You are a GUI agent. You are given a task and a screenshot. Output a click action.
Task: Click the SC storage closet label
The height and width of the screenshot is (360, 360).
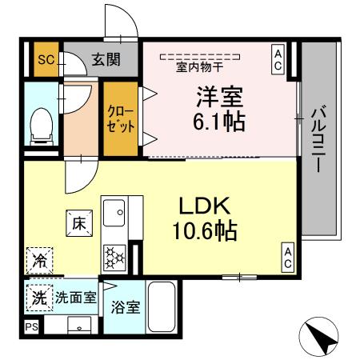[46, 59]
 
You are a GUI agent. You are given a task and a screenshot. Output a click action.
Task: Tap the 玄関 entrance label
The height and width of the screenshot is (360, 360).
[104, 58]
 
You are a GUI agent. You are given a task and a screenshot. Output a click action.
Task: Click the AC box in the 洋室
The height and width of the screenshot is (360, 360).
[278, 59]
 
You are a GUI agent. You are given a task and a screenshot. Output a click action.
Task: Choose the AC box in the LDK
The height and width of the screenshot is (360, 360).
[286, 258]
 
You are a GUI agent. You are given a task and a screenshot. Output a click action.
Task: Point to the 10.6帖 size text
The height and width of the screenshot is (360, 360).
[205, 231]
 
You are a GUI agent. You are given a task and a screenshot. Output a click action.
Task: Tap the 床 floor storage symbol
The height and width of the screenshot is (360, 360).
[79, 223]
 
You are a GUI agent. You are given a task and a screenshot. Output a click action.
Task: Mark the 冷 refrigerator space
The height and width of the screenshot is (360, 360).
[38, 260]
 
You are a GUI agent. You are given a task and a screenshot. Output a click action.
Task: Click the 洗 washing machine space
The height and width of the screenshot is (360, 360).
[38, 298]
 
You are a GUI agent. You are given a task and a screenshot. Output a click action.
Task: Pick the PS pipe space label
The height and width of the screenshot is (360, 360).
[31, 327]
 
